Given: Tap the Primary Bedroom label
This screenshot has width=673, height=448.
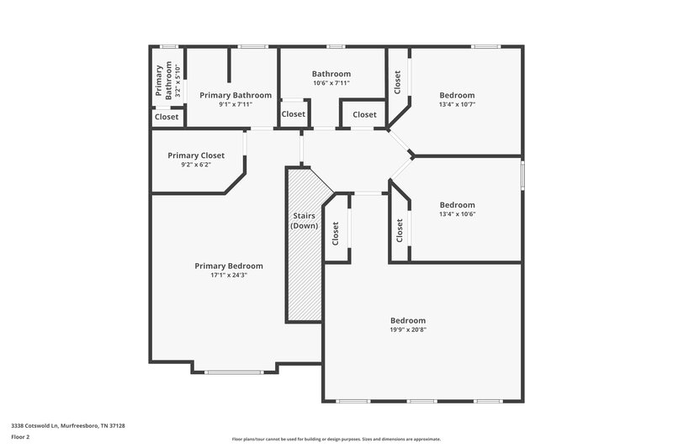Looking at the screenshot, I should click(x=229, y=266).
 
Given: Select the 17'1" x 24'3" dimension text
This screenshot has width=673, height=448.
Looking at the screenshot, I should click(x=229, y=275).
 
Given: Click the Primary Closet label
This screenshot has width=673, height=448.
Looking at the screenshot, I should click(x=195, y=155).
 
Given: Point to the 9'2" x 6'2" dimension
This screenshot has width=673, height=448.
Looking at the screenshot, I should click(x=195, y=165).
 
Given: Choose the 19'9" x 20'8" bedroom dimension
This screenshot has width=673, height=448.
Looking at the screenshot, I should click(x=407, y=329).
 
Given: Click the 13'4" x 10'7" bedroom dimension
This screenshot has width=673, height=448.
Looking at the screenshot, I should click(x=457, y=105).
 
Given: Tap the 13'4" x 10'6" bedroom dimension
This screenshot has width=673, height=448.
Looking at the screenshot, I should click(x=457, y=213).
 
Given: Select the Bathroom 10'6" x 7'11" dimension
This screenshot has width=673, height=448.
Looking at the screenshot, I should click(x=331, y=83).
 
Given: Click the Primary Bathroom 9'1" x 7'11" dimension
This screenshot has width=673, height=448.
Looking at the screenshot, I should click(x=235, y=105).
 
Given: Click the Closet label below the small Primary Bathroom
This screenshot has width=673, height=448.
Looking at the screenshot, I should click(x=166, y=117).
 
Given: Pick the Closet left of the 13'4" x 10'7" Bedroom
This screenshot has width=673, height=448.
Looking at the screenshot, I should click(x=397, y=82).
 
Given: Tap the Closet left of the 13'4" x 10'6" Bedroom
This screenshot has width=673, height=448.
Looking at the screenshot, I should click(x=399, y=231).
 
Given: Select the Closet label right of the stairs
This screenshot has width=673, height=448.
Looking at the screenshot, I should click(x=335, y=233).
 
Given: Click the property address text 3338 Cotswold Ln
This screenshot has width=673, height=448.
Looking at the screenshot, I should click(x=68, y=426).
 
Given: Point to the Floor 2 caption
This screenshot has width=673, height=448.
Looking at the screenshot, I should click(x=21, y=438).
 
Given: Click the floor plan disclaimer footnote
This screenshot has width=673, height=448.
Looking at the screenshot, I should click(x=336, y=439).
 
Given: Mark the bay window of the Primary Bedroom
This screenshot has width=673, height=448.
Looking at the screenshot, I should click(x=234, y=371).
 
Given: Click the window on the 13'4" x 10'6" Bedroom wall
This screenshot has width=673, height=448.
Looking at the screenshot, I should click(x=522, y=175).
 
